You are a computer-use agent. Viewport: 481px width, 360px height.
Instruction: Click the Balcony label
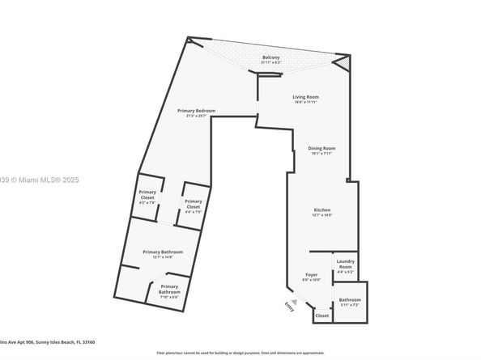(x=270, y=57)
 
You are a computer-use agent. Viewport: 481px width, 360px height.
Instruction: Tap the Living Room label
(x=305, y=97)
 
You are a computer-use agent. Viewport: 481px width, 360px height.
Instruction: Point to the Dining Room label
(x=321, y=148)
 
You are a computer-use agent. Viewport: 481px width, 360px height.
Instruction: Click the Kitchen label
(x=322, y=210)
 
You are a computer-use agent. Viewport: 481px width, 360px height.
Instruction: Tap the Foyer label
(x=312, y=275)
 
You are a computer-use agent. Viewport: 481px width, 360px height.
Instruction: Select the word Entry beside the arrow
(x=289, y=306)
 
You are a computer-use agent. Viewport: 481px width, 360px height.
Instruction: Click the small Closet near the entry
(x=322, y=316)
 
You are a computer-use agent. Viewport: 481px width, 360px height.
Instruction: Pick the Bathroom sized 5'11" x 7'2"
(x=350, y=300)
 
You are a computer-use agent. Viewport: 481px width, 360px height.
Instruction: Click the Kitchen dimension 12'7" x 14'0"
(x=322, y=216)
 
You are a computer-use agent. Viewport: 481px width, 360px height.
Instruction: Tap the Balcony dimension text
(x=270, y=62)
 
